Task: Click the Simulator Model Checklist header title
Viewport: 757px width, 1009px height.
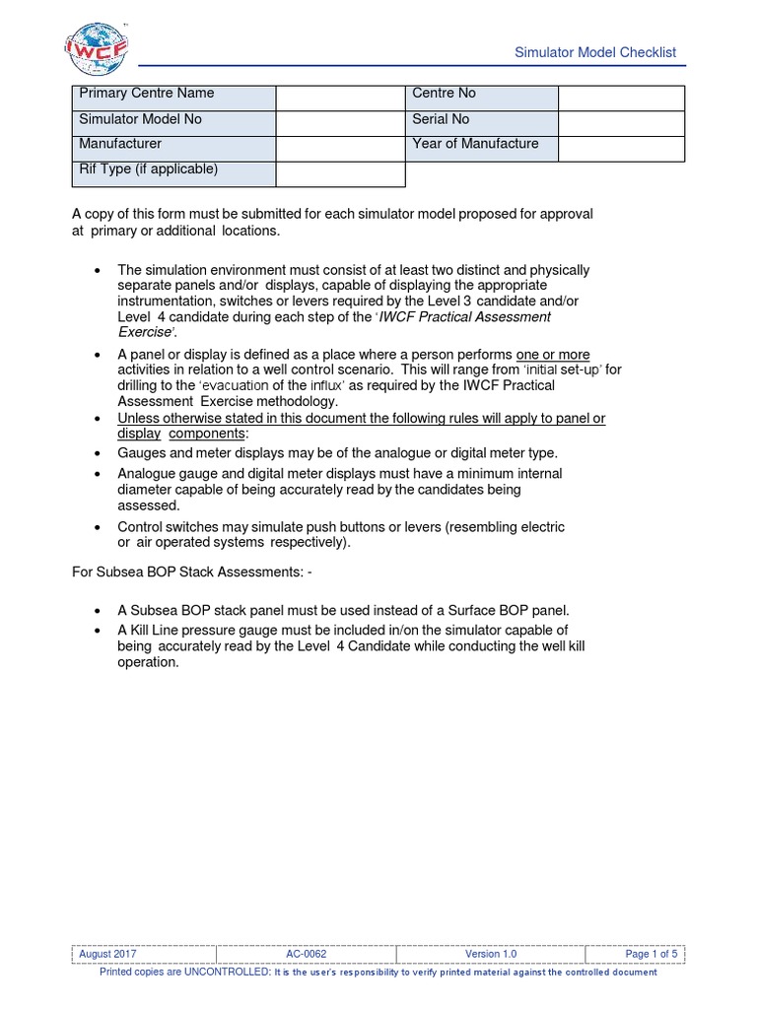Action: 596,52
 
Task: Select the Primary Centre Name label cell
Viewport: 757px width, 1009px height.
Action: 173,98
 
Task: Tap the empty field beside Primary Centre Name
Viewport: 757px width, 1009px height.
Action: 340,98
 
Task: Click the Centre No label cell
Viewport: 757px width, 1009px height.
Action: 482,98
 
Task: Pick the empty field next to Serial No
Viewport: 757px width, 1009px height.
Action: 621,123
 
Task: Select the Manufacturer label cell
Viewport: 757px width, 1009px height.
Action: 173,149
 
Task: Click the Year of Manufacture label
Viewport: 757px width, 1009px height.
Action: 482,148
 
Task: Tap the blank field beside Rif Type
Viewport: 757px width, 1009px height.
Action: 340,173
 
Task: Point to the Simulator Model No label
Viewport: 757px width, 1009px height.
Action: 173,123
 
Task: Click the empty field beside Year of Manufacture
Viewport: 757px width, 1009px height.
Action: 621,149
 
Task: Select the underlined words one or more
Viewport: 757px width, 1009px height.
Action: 553,354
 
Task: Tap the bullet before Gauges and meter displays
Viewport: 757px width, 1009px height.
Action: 97,453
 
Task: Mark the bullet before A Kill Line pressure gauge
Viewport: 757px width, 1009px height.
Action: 97,631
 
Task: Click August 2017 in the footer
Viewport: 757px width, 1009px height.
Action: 108,954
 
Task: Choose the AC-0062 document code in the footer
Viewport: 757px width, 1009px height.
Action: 308,954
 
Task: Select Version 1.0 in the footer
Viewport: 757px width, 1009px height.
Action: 491,954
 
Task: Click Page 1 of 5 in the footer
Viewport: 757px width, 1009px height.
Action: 652,954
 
